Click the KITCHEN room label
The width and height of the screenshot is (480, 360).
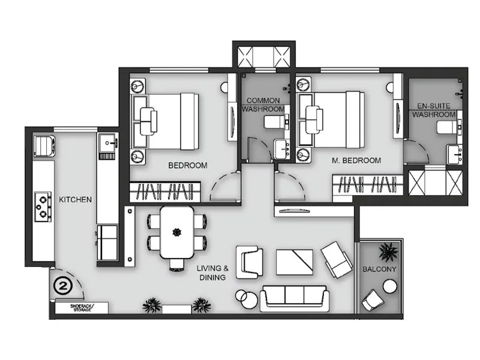[x=75, y=199]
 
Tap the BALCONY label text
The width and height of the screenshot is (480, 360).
[x=380, y=269]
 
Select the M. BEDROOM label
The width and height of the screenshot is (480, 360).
[x=356, y=160]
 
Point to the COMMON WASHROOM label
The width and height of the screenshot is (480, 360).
[x=263, y=105]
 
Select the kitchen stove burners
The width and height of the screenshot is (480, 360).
[x=43, y=205]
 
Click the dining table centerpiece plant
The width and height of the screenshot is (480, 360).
[x=177, y=231]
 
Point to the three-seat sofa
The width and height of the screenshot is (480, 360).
[x=294, y=298]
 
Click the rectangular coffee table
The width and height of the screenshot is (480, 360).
[x=295, y=261]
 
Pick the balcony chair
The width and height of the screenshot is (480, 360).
[x=374, y=299]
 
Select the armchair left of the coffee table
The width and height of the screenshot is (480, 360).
[x=249, y=262]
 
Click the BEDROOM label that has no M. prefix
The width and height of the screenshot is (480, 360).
[x=188, y=165]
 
